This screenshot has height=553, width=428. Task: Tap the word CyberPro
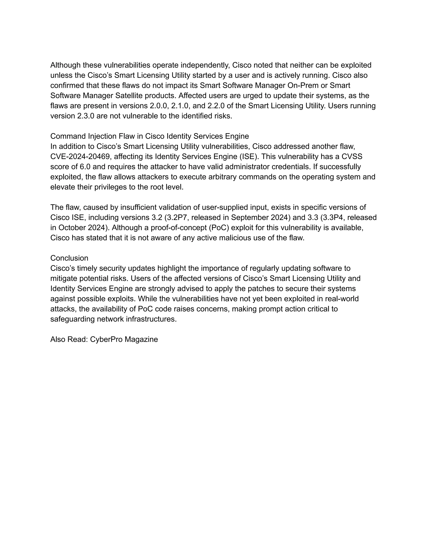click(x=106, y=339)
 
